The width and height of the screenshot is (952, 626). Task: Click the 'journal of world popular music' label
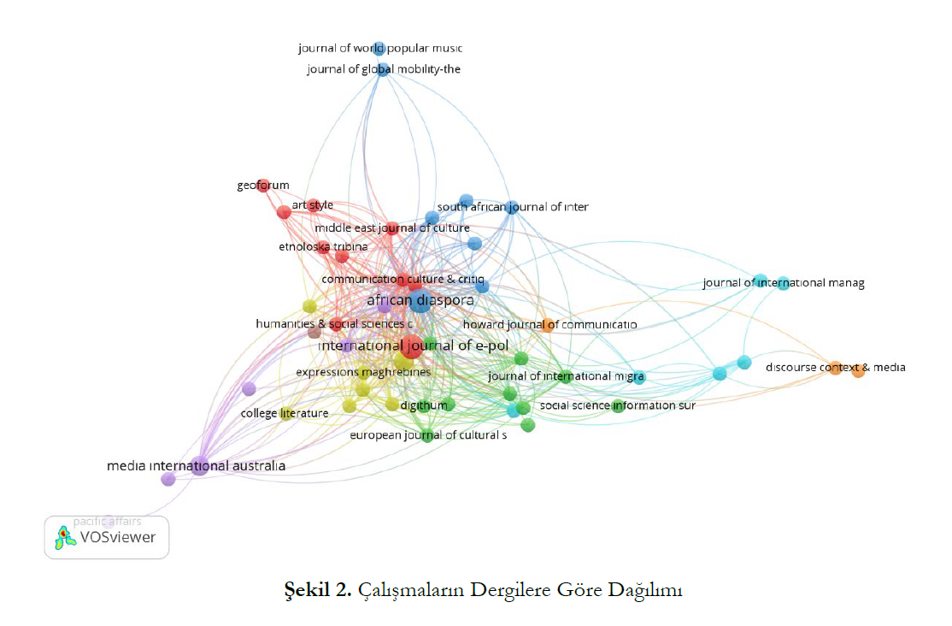pos(379,49)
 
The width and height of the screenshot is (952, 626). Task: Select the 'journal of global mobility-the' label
pos(384,69)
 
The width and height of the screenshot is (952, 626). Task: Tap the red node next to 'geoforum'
pos(263,186)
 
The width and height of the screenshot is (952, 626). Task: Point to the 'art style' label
pos(312,205)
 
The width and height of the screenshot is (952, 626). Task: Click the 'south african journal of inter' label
pos(513,207)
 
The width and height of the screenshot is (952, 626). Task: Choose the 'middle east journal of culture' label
pos(391,228)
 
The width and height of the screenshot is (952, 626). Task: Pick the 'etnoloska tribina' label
pos(323,247)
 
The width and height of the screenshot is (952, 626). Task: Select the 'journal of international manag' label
pos(783,283)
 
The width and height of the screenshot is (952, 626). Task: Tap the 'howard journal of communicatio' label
pos(549,325)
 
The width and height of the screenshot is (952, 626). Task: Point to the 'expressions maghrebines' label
pos(362,373)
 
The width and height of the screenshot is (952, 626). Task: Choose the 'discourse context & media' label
pos(835,368)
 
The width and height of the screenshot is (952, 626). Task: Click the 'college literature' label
pos(285,414)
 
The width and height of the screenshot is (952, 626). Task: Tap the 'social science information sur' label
pos(617,405)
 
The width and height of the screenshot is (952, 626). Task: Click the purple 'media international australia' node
pos(199,467)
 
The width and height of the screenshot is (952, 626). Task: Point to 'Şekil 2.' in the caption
pos(318,591)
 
